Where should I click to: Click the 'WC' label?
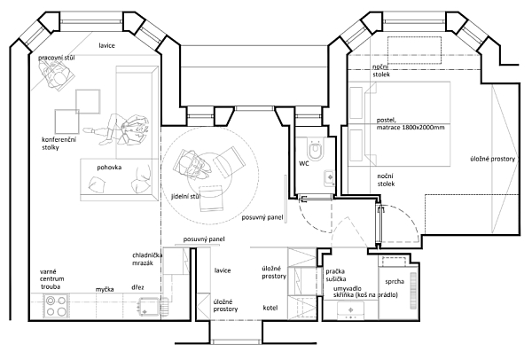point(304,164)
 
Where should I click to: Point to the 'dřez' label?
point(139,288)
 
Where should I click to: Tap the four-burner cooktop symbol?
point(56,307)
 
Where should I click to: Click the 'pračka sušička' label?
point(341,271)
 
